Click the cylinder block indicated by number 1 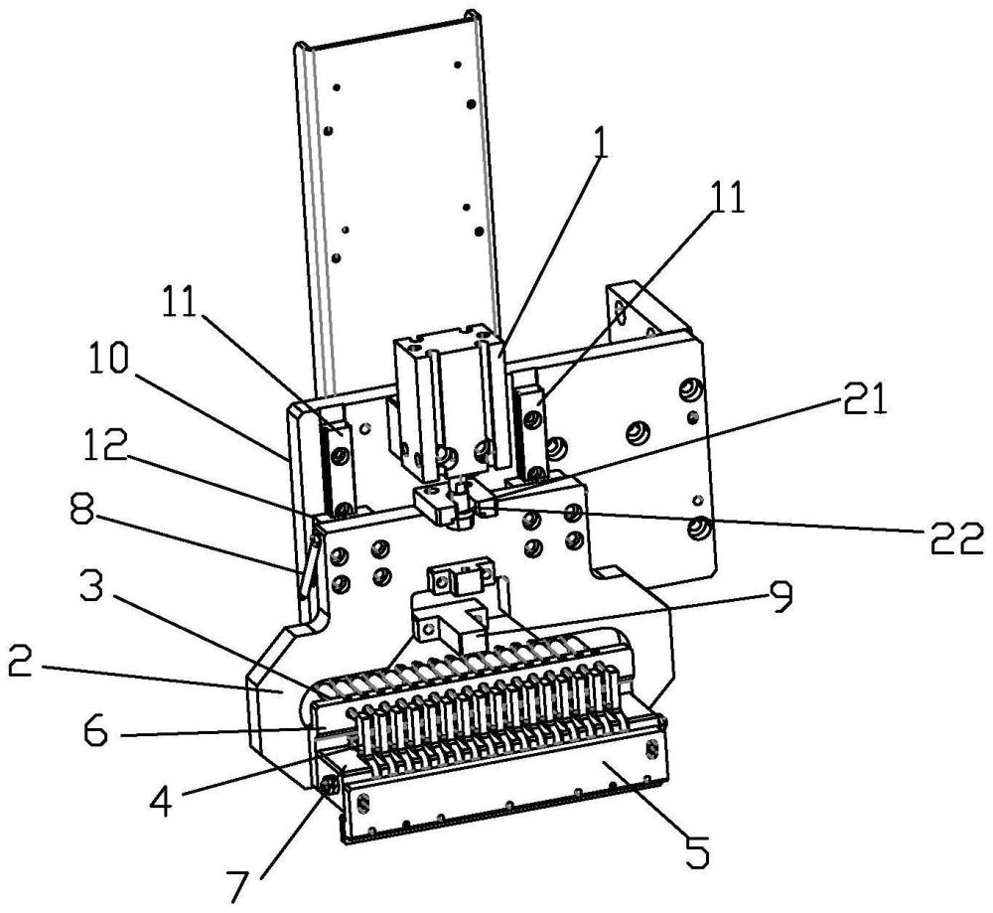(x=451, y=405)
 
